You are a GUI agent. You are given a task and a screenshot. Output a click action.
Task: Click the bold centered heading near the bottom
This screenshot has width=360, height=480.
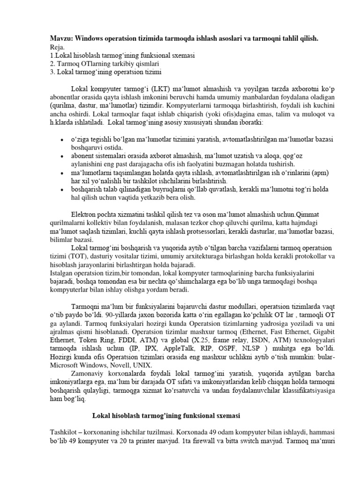coord(166,415)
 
